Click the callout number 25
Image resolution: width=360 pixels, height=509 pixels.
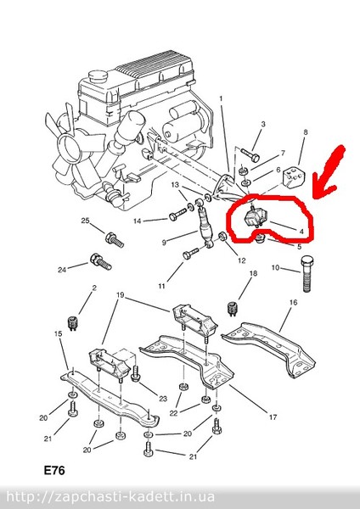coord(85,221)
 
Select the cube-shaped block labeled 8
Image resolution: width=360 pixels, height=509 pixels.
coord(294,177)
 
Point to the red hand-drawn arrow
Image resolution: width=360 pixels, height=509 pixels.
coord(329,171)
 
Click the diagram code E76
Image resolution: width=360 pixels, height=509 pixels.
coord(54,470)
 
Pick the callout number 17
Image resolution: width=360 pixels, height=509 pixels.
coord(273,417)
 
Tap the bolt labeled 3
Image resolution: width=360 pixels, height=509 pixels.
coord(250,155)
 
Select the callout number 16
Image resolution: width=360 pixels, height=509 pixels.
coord(293,303)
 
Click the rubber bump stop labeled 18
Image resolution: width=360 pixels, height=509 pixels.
coord(232,309)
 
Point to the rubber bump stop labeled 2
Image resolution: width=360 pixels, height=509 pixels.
coord(72,322)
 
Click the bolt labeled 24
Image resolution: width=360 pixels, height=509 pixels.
coord(100,262)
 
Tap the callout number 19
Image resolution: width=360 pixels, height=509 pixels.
coord(121,295)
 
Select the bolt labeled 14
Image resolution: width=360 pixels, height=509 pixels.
coord(178,215)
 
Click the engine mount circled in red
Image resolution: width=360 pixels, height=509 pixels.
coord(255,217)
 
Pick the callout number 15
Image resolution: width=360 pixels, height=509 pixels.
coord(58,333)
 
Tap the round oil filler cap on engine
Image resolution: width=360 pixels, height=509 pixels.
coord(98,77)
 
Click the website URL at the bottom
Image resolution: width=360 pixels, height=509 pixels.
coord(110,497)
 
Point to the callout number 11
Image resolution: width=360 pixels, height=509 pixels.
coord(162,287)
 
